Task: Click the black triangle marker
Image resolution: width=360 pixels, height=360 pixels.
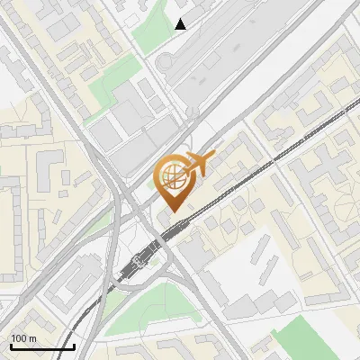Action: tap(181, 24)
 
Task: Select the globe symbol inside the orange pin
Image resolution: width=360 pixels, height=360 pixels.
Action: tap(173, 176)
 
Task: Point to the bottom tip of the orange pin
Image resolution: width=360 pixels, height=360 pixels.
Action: tap(175, 211)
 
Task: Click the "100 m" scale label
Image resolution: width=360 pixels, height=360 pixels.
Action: tap(23, 338)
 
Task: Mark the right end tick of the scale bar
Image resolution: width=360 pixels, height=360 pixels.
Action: tap(74, 345)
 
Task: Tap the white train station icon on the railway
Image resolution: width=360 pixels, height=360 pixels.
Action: tap(137, 262)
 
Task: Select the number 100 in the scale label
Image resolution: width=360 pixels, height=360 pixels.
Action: tap(19, 338)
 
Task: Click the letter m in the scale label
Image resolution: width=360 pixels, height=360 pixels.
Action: tap(32, 338)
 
